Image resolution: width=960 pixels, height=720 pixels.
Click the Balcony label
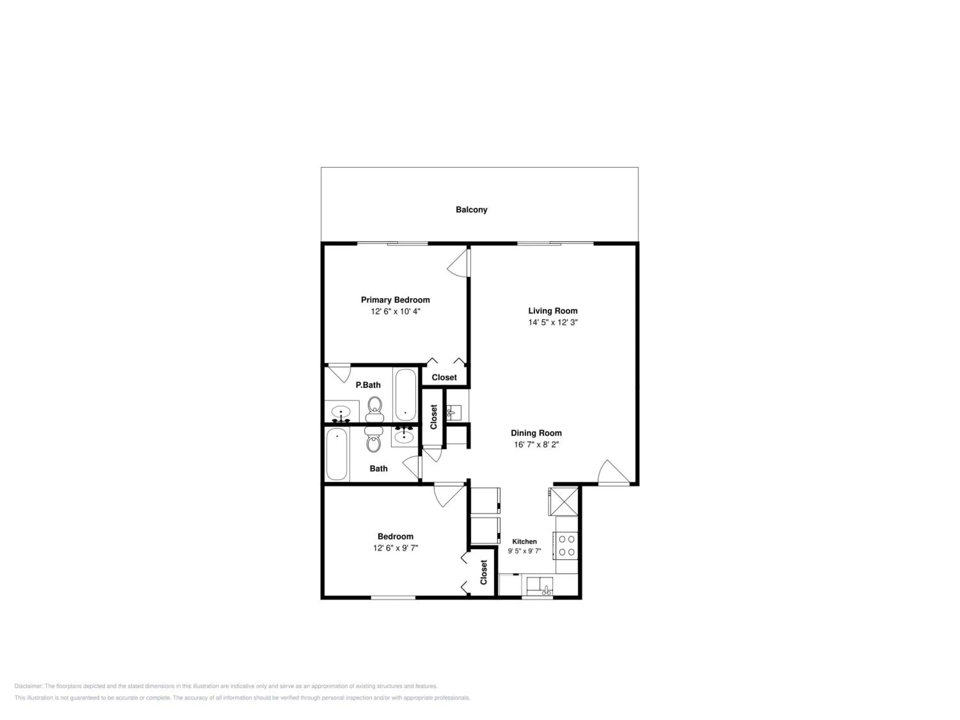471,210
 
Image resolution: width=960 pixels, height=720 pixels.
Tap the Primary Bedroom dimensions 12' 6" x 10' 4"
396,311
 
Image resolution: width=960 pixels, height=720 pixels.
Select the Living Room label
552,311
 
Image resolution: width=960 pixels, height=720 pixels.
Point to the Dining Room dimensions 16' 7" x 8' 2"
536,444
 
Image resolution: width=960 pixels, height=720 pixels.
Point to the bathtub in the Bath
337,454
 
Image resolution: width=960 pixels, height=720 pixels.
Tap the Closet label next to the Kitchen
484,572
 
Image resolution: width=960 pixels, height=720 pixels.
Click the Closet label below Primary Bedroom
444,377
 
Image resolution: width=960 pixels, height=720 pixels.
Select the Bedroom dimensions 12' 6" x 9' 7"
396,548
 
